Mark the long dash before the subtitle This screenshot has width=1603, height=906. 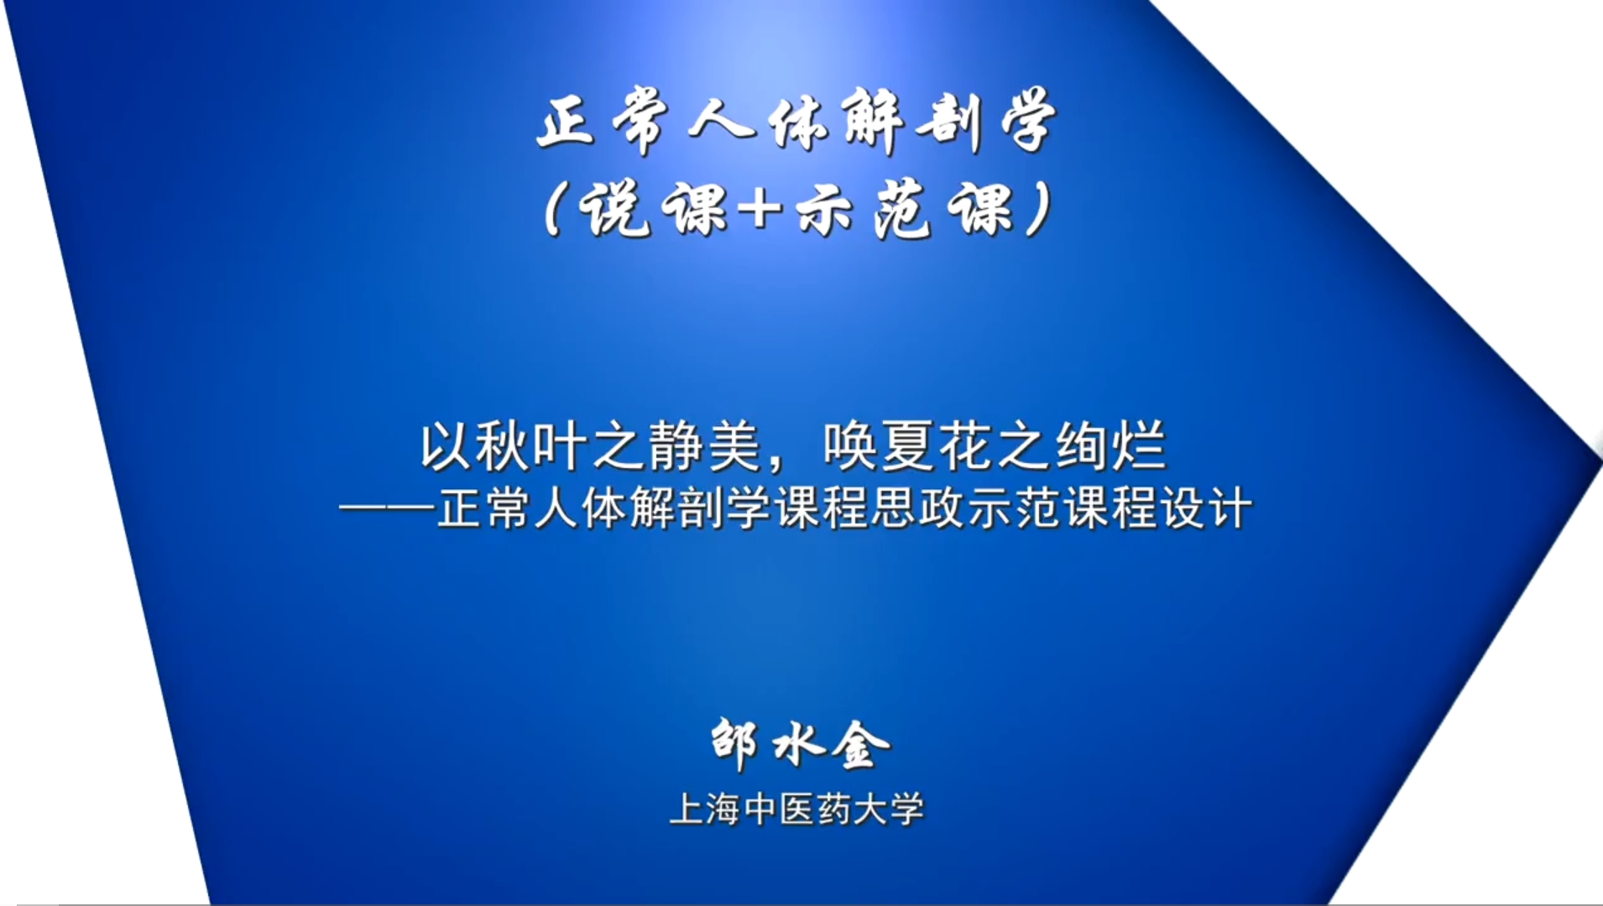point(387,508)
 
